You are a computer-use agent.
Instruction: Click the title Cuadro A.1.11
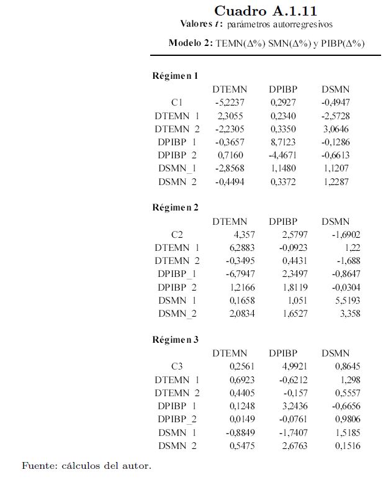[265, 11]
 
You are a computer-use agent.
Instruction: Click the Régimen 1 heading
[175, 76]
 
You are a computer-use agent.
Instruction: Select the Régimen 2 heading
[175, 207]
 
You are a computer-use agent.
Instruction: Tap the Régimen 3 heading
[175, 339]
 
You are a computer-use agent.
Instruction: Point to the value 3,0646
[335, 129]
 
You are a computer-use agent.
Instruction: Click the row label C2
[178, 234]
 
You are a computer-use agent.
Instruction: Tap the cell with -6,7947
[230, 273]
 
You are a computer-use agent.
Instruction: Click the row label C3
[178, 366]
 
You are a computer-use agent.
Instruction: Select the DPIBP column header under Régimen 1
[283, 89]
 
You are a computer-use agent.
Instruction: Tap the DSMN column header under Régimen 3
[336, 353]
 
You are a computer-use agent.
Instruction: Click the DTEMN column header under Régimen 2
[230, 221]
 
